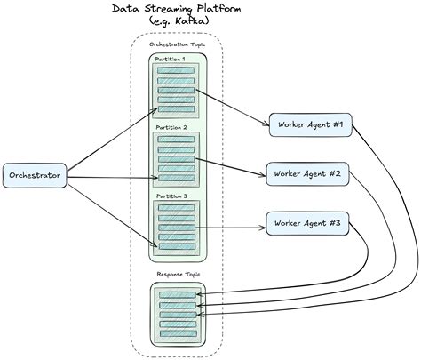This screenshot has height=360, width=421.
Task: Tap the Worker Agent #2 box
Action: [307, 172]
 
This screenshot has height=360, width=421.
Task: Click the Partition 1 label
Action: [171, 60]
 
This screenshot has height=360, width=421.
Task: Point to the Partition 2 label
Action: [171, 128]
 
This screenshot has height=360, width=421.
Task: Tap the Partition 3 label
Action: [171, 196]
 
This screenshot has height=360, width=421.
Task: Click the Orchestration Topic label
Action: [178, 43]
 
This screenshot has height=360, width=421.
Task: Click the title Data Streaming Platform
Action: [178, 9]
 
